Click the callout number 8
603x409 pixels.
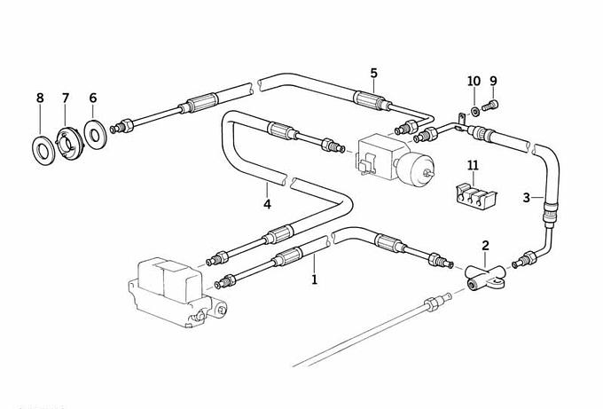click(39, 98)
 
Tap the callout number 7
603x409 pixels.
click(65, 98)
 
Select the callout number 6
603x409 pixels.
click(92, 98)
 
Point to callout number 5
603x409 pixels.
click(373, 73)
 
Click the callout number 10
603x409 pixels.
click(474, 83)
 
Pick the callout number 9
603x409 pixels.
click(493, 83)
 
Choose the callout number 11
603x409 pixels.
click(473, 165)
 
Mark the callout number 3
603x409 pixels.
click(526, 197)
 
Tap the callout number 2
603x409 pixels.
click(485, 245)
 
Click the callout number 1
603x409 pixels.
click(314, 279)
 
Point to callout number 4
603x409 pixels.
click(266, 204)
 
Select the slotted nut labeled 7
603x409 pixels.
click(67, 140)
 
